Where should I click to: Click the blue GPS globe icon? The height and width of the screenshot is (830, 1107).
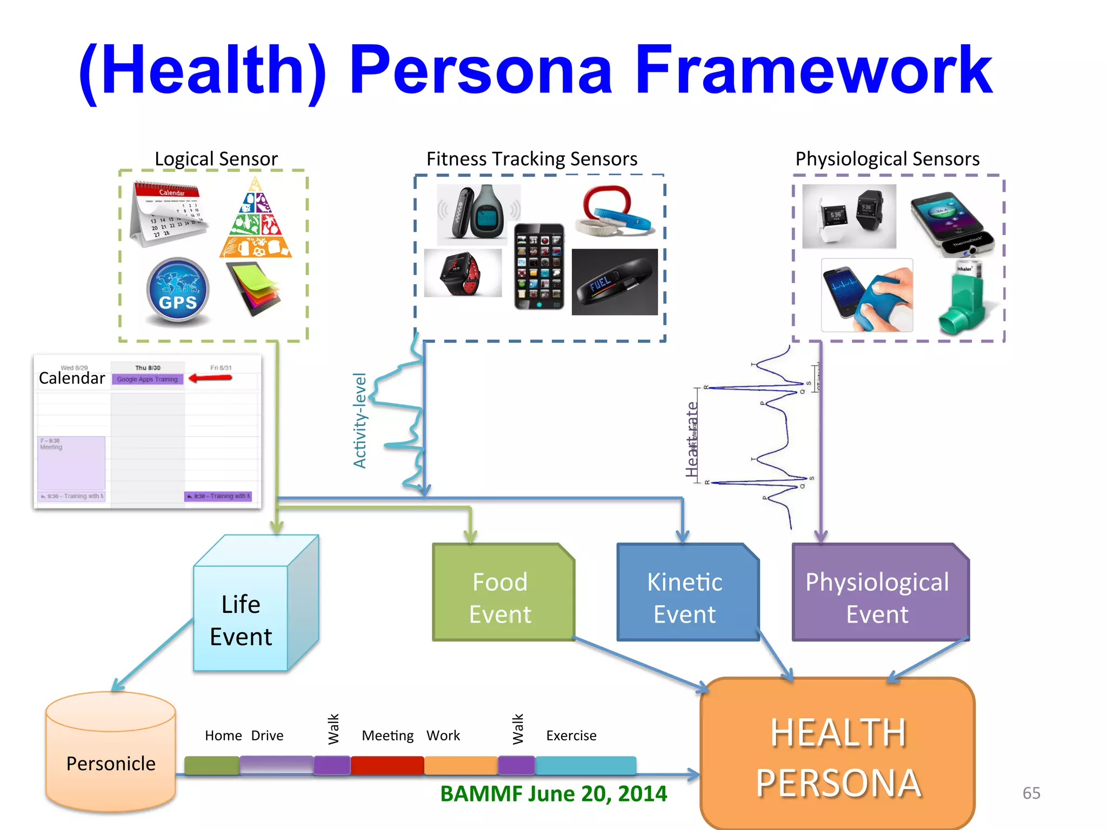click(x=178, y=291)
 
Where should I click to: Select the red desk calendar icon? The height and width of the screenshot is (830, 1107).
click(x=168, y=214)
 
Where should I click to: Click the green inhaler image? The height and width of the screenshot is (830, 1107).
click(x=963, y=299)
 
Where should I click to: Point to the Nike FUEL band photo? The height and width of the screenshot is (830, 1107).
click(x=615, y=282)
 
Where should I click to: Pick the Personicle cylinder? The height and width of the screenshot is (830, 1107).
click(x=111, y=754)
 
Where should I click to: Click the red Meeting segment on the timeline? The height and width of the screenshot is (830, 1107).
click(x=387, y=765)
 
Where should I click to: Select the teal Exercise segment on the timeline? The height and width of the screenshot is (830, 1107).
click(x=585, y=765)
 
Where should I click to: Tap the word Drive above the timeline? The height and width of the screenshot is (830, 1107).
click(x=267, y=735)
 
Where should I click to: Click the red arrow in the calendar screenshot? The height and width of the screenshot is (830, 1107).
click(x=211, y=378)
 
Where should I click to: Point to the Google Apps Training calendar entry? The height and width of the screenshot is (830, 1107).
click(x=148, y=379)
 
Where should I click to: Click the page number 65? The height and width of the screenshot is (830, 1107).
click(x=1031, y=793)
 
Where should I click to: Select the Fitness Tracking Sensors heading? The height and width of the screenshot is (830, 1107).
click(x=531, y=159)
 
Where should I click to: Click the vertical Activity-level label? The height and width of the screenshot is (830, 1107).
click(x=360, y=420)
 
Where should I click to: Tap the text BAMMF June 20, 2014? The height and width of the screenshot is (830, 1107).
click(x=553, y=793)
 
